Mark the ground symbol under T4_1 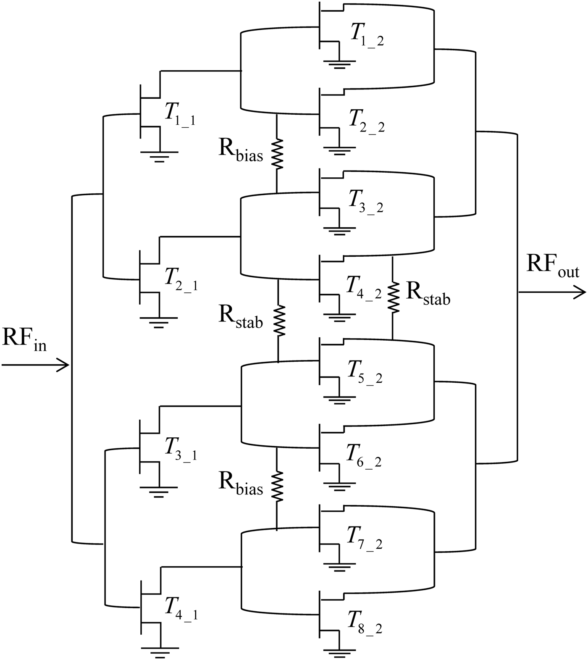click(x=158, y=653)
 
